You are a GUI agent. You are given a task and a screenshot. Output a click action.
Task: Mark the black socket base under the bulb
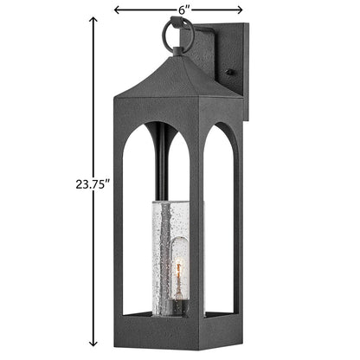pyautogui.click(x=181, y=307)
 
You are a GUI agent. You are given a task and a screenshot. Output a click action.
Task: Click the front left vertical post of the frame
pyautogui.click(x=115, y=225)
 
